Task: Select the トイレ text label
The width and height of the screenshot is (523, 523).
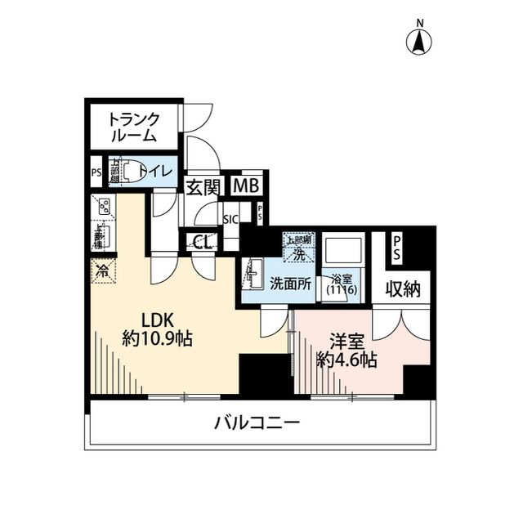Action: [154, 171]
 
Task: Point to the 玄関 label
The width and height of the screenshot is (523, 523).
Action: [201, 186]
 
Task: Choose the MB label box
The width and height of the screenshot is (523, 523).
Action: [245, 186]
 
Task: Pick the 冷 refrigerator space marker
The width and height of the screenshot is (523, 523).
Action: [103, 270]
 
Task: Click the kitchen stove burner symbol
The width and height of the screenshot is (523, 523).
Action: [105, 207]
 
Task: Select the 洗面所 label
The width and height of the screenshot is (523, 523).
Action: [290, 284]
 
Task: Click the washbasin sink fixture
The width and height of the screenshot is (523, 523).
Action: [253, 271]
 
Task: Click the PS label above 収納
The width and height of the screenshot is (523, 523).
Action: [396, 248]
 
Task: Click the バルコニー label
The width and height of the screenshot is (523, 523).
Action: [257, 423]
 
